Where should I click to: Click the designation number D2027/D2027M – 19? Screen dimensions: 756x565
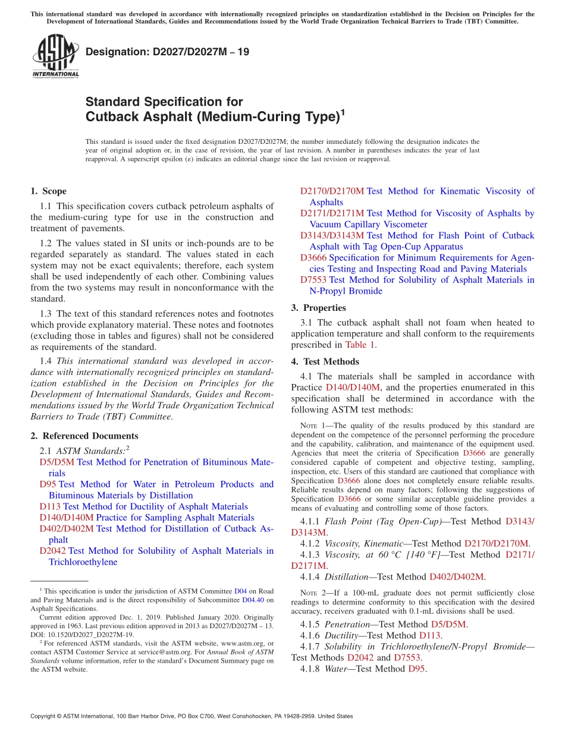pos(167,52)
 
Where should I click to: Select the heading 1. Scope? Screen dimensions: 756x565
pos(48,191)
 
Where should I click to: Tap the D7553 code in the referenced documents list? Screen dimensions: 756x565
pos(313,280)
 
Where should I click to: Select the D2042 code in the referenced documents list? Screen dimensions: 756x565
pos(52,551)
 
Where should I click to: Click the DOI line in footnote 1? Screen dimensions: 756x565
pos(83,634)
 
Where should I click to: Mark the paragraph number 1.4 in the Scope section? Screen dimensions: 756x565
pos(46,361)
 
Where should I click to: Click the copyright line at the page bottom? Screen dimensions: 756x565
pos(191,716)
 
